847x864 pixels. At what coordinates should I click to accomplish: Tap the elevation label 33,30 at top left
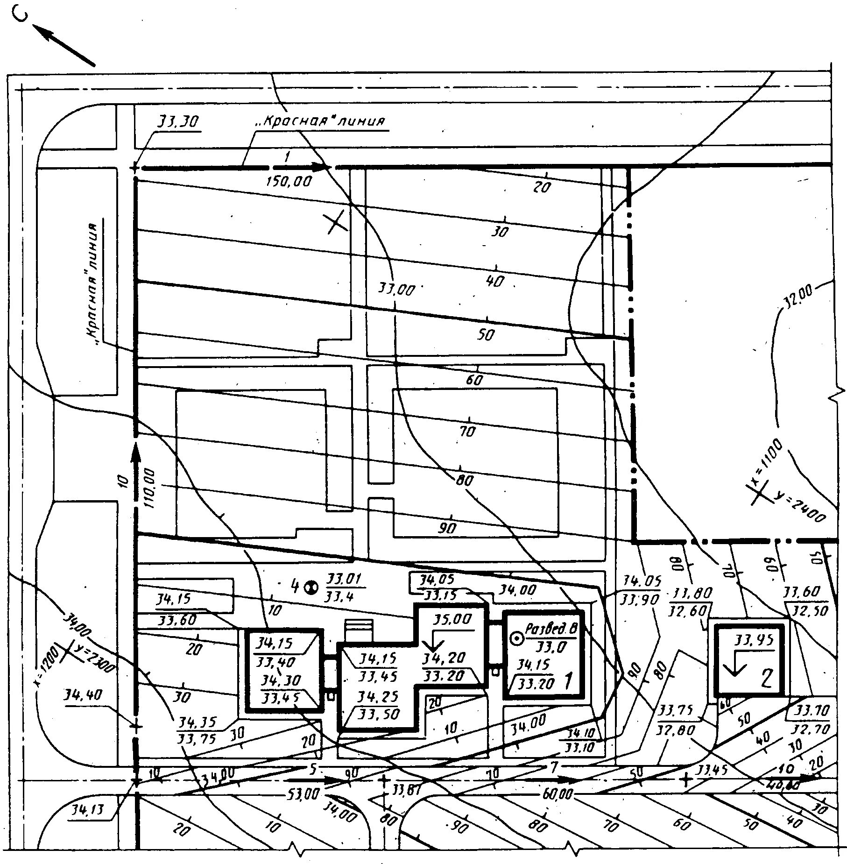pyautogui.click(x=177, y=122)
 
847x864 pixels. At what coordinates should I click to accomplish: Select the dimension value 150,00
pyautogui.click(x=288, y=181)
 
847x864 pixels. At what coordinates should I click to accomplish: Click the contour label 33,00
pyautogui.click(x=396, y=289)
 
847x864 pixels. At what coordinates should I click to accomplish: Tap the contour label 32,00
pyautogui.click(x=799, y=298)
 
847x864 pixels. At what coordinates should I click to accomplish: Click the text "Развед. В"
pyautogui.click(x=551, y=629)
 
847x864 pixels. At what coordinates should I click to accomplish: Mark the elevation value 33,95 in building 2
pyautogui.click(x=754, y=640)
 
